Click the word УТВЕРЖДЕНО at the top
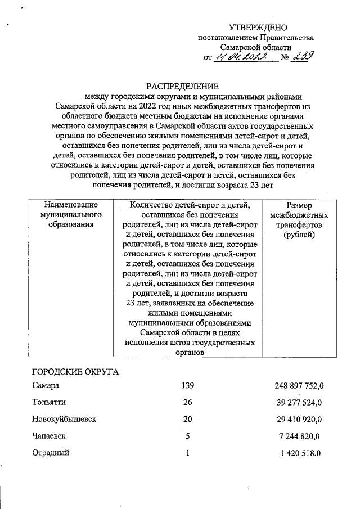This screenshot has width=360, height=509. coord(258,28)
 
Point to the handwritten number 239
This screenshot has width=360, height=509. coord(303,56)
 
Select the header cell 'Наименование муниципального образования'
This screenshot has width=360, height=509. coord(71,215)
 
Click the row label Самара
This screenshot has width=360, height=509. coord(46,386)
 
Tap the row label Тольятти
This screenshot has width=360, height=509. coord(48,403)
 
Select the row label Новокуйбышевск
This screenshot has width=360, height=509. coord(64,420)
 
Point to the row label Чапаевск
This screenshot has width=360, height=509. coord(49,436)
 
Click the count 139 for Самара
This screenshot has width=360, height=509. coord(187,386)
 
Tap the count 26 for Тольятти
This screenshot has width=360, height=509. coord(187,403)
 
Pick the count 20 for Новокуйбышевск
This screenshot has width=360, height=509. coord(187,420)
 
